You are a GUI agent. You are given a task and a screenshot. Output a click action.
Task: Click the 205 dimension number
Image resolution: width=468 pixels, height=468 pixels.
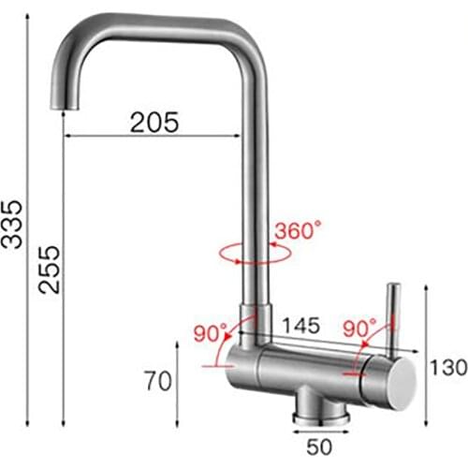coord(154,121)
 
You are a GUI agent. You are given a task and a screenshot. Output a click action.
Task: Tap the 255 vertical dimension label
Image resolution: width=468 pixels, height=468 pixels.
coord(51,271)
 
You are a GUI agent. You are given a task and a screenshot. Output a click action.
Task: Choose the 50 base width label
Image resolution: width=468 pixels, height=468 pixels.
coord(315,446)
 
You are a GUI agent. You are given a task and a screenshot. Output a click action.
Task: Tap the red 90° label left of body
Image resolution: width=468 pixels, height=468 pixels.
coord(210,332)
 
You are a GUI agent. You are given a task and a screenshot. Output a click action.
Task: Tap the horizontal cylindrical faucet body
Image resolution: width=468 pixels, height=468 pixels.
coord(309,370)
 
